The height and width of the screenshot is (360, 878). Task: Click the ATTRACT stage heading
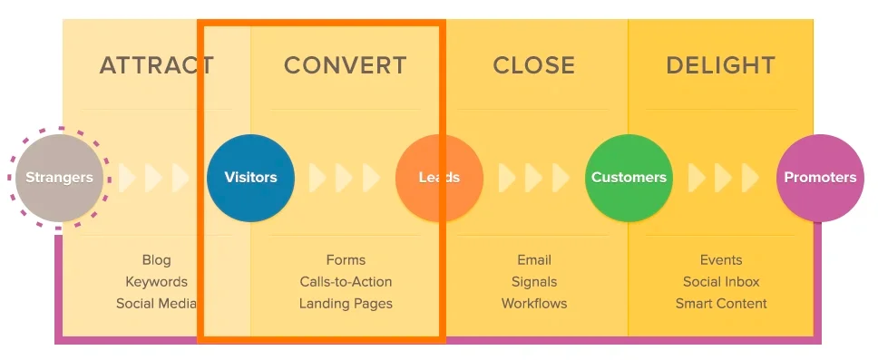coord(156,65)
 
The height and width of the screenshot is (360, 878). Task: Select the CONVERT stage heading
coord(346,65)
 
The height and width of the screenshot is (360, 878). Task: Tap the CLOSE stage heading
coord(533,65)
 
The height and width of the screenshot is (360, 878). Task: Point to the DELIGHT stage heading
coord(721,65)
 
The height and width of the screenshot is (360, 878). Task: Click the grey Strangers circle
coord(59,178)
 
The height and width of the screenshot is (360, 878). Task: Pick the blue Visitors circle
coord(250,178)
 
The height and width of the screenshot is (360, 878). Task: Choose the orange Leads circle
coord(439,178)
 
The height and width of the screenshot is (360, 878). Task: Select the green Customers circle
coord(629,178)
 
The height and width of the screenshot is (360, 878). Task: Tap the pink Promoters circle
coord(820,178)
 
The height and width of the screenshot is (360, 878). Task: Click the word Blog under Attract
coord(156,260)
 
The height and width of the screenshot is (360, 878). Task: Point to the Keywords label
coord(156,282)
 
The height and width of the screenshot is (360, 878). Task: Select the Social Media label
coord(156,304)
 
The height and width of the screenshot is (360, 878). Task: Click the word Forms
coord(346,260)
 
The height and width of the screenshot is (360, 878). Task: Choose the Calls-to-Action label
coord(346,282)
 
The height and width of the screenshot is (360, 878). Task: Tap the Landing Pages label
coord(346,304)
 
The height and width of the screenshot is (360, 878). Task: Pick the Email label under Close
coord(534,260)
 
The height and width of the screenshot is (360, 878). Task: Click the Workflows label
coord(534,304)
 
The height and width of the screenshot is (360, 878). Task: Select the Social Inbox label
coord(721,282)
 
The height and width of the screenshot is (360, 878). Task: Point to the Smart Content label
coord(721,304)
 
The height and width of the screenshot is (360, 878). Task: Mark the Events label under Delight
coord(721,260)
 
